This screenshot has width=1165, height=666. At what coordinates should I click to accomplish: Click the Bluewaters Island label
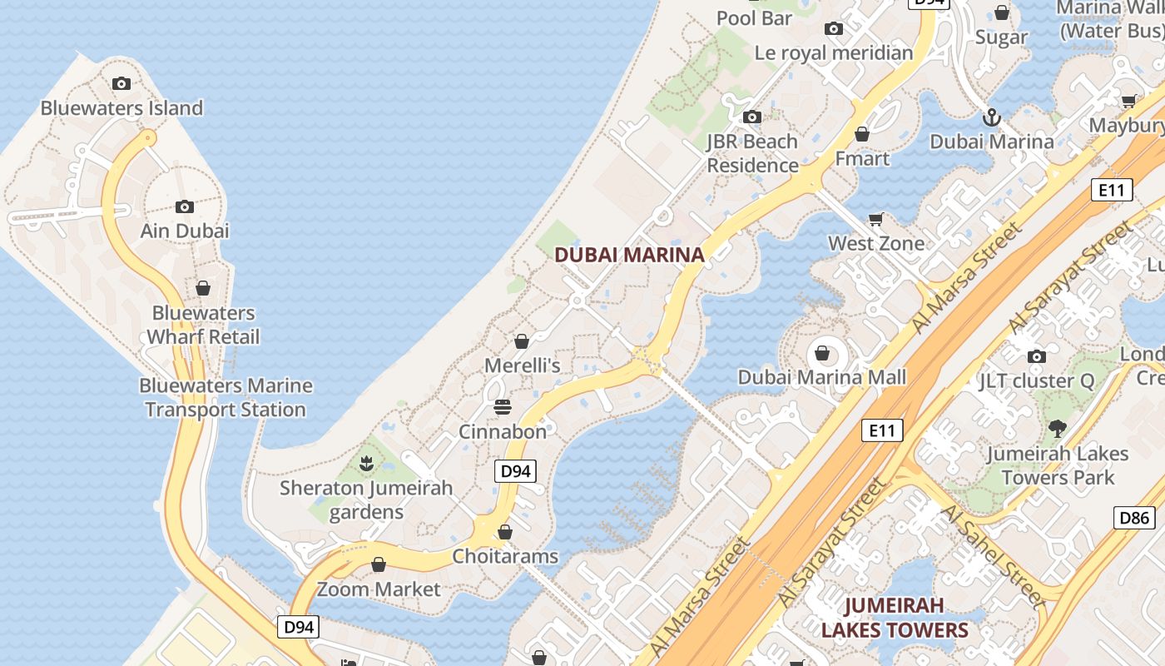pos(121,108)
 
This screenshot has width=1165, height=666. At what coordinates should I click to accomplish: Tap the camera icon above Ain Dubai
pos(185,206)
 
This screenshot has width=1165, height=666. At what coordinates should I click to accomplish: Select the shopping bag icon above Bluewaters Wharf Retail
pos(203,288)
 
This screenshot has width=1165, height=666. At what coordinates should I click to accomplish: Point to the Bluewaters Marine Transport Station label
pos(226,398)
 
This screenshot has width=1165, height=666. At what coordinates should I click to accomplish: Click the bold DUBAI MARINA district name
pos(629,255)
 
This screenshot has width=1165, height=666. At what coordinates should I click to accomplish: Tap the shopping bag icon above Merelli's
pos(522,341)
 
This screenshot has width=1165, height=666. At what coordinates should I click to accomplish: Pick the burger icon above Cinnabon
pos(503,407)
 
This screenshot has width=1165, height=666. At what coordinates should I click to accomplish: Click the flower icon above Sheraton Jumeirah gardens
pos(365,463)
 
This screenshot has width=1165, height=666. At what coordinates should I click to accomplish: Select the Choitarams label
pos(505,556)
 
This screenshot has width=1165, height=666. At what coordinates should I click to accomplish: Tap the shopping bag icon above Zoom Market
pos(379,564)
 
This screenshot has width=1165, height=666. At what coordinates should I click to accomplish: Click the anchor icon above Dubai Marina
pos(991,117)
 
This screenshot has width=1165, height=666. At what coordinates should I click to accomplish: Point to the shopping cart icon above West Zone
pos(875,220)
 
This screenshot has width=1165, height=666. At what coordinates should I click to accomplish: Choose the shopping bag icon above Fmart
pos(862,134)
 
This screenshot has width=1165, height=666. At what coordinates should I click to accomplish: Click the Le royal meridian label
pos(834,53)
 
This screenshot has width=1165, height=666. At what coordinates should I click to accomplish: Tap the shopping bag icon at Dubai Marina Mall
pos(822,353)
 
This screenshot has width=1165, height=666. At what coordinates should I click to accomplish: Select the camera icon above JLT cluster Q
pos(1036,356)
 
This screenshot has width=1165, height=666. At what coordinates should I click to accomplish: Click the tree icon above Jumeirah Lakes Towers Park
pos(1057,429)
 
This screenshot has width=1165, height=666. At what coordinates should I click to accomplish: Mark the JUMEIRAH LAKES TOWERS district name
pos(895,618)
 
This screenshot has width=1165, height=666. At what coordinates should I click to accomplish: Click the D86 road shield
pos(1134,518)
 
